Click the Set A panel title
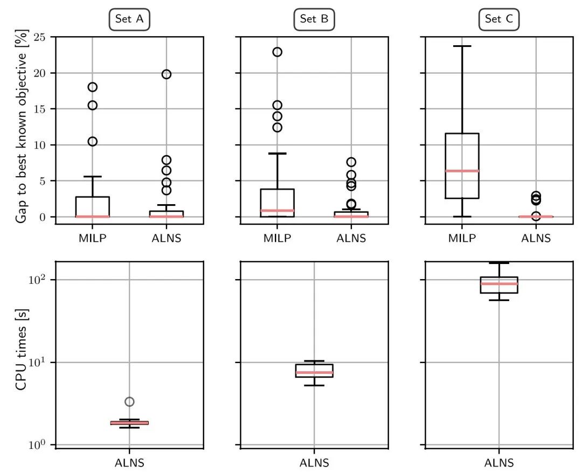(129, 19)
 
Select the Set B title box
(314, 19)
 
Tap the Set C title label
(499, 19)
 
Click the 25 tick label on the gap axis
(40, 37)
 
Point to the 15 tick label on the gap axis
(40, 109)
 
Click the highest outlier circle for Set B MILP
(278, 52)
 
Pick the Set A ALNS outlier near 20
(167, 74)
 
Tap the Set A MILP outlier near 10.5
(93, 141)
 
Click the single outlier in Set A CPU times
(129, 401)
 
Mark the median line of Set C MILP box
(462, 171)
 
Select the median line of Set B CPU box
(314, 372)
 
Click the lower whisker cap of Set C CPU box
(499, 300)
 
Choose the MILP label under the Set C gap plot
(462, 238)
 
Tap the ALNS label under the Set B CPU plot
(314, 463)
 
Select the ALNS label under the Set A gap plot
(167, 238)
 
